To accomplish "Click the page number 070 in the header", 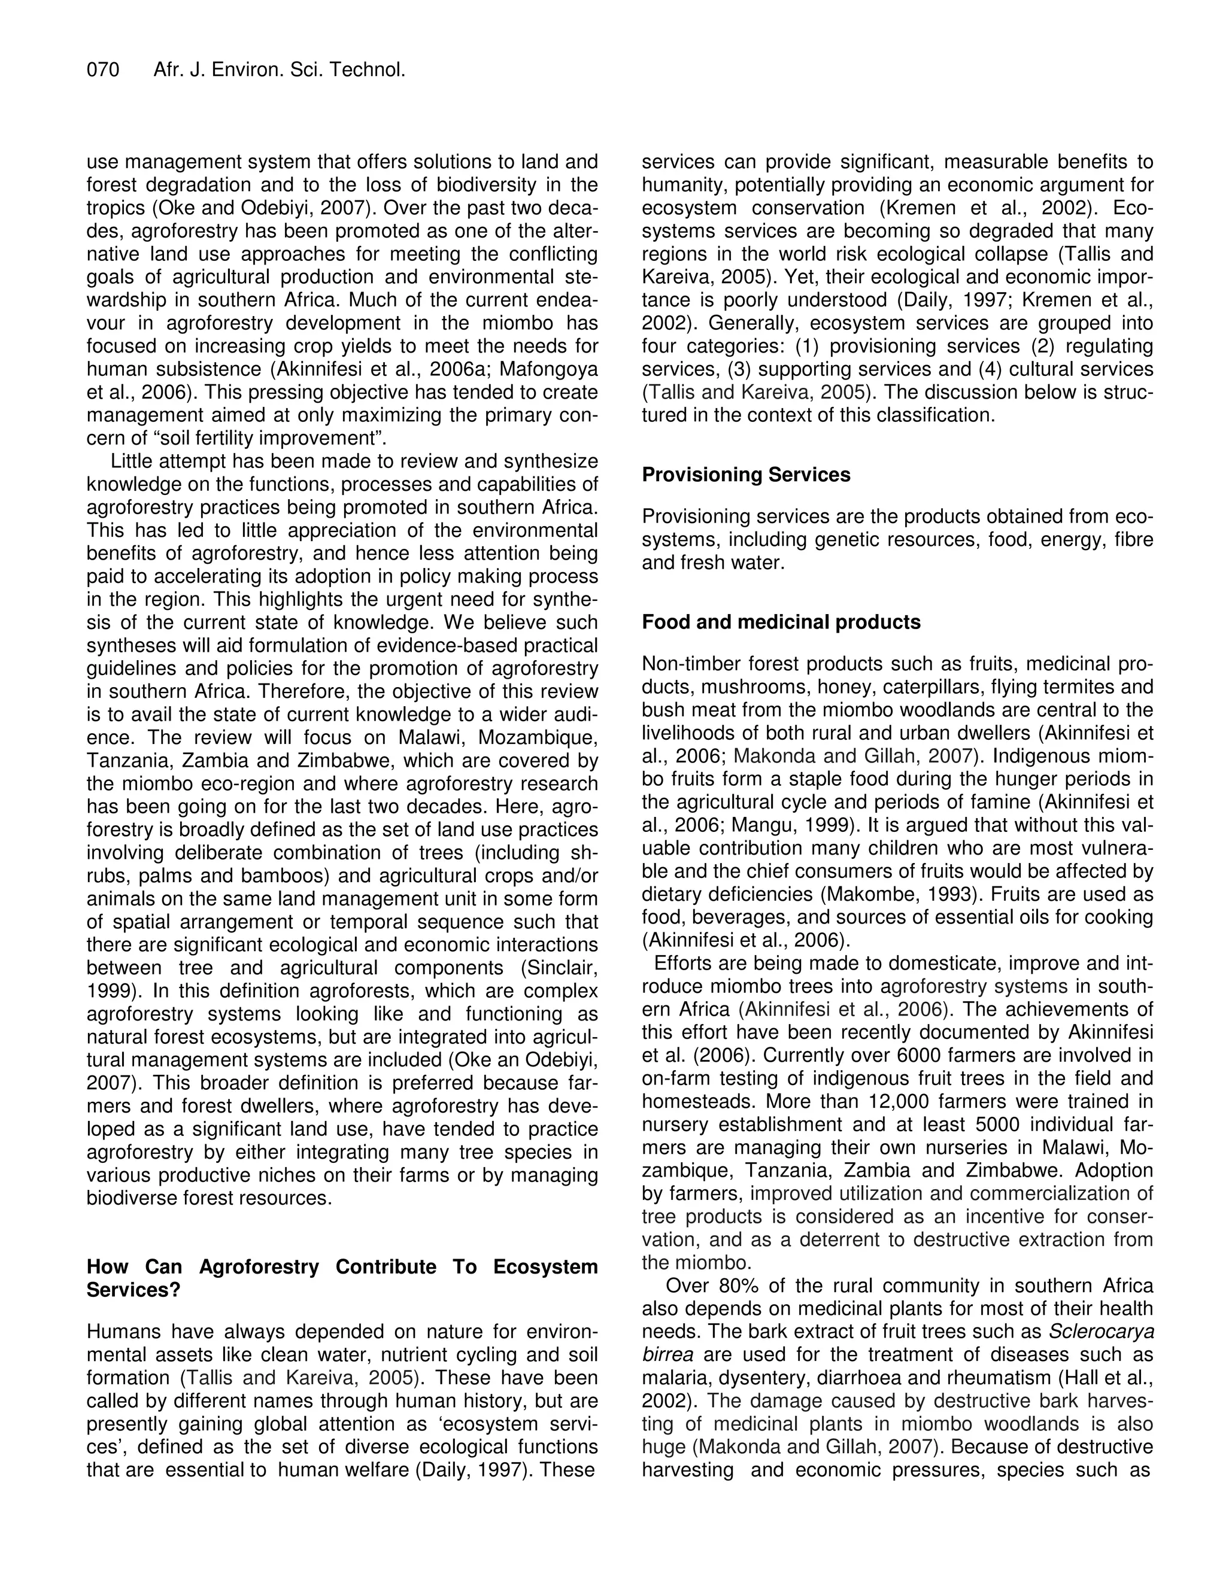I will [x=103, y=71].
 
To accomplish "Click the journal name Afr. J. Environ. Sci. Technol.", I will [x=279, y=71].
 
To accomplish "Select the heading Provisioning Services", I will [x=746, y=475].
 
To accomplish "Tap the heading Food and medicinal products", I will [x=781, y=622].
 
